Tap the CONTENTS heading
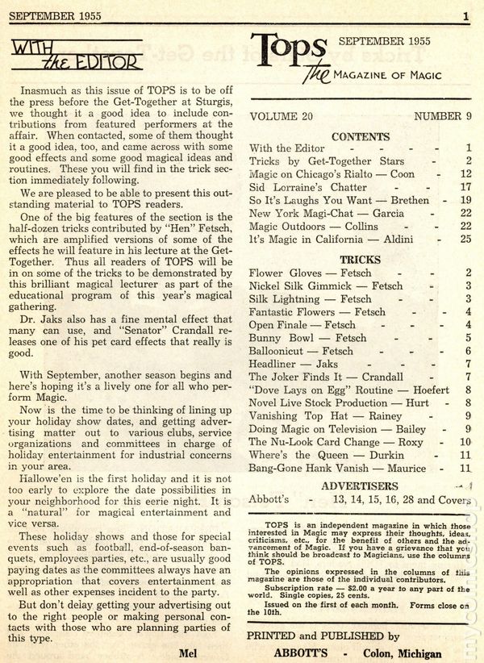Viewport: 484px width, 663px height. tap(360, 136)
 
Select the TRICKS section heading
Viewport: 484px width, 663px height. tap(360, 261)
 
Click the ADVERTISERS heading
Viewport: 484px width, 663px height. tap(360, 486)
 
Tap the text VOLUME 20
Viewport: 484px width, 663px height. tap(282, 116)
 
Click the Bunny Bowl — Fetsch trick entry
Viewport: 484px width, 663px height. tap(307, 339)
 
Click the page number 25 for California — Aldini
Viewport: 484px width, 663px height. tap(464, 239)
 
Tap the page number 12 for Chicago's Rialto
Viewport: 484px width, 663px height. tap(464, 174)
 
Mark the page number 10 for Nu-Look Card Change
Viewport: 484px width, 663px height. tap(464, 442)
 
